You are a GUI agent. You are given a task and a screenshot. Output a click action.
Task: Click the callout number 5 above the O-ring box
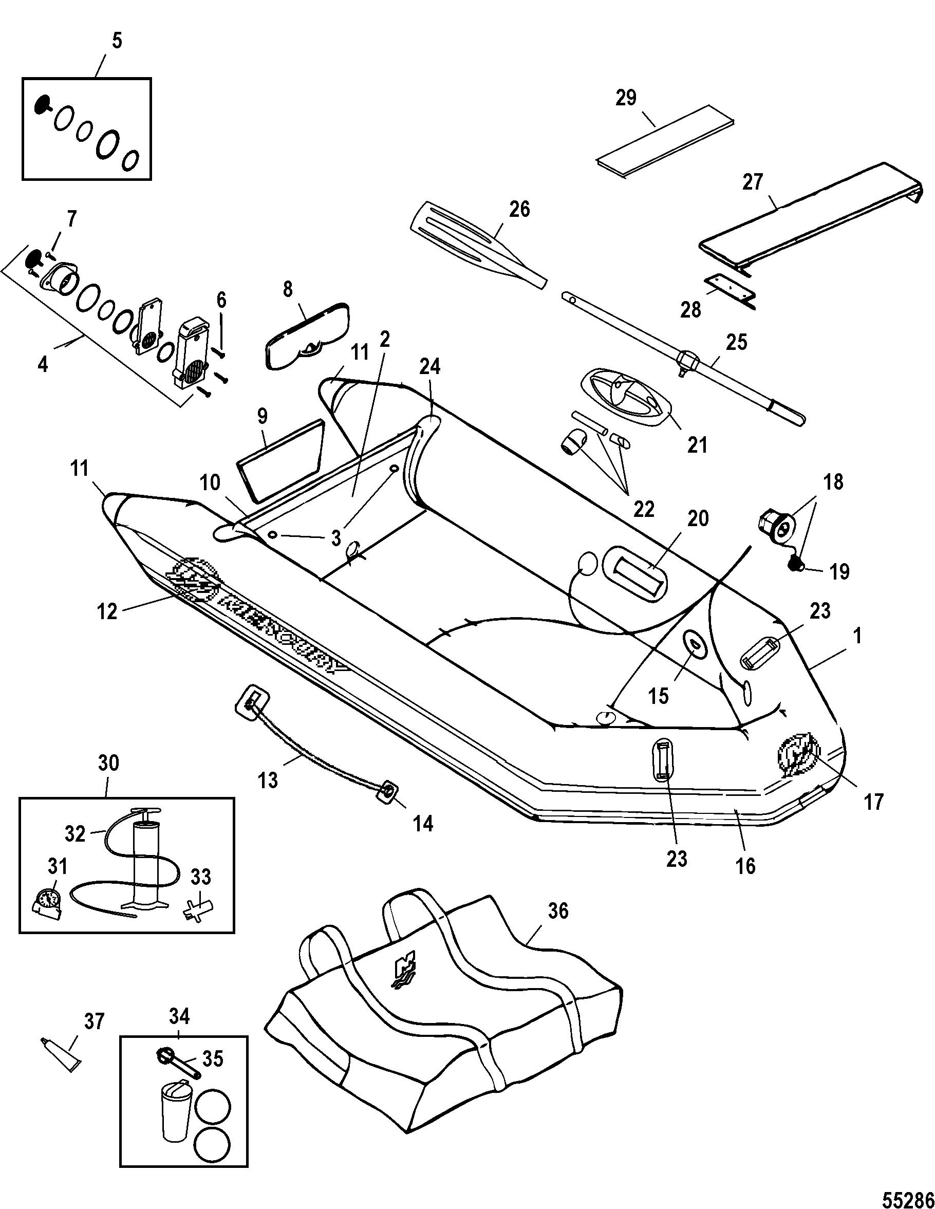click(x=116, y=42)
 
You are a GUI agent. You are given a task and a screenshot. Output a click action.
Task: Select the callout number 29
click(x=626, y=98)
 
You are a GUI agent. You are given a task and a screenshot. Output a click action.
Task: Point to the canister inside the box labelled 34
click(x=174, y=1107)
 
